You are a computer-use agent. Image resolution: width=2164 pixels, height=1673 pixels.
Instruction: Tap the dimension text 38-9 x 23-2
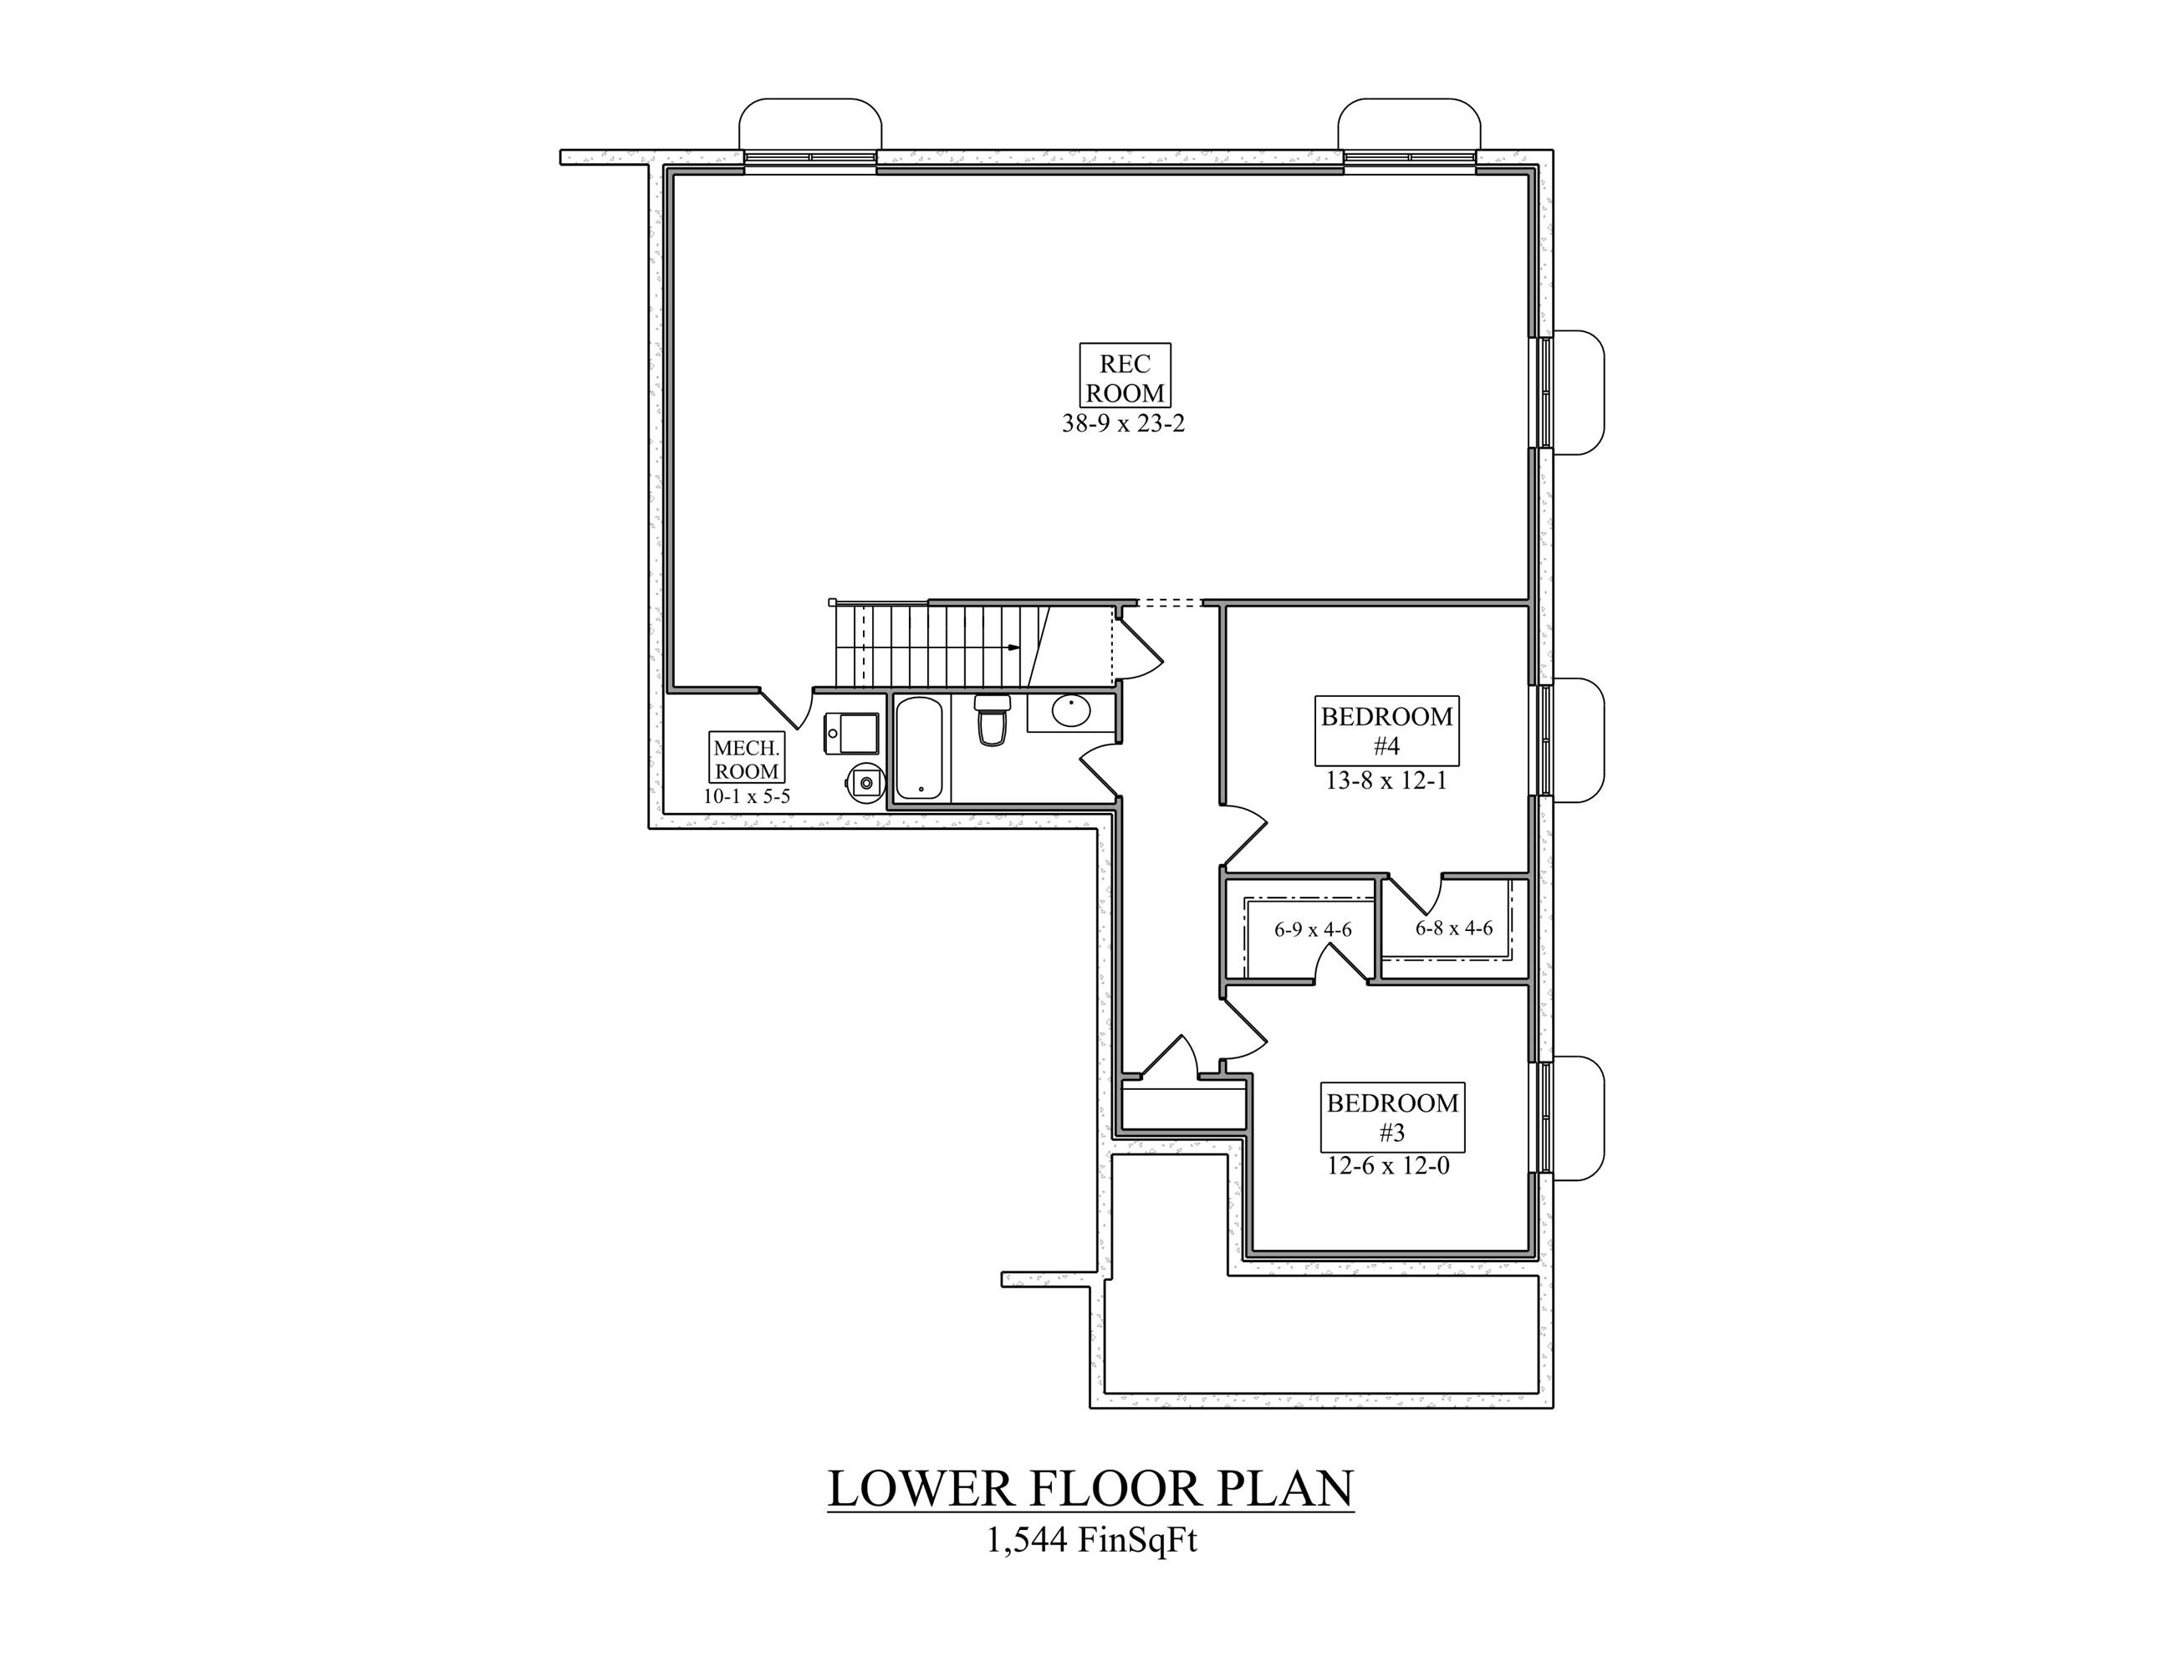[x=1124, y=424]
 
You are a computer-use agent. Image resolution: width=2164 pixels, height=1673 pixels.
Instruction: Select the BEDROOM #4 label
[x=1386, y=729]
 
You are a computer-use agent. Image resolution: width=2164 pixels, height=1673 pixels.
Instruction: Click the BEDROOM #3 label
[x=1392, y=1116]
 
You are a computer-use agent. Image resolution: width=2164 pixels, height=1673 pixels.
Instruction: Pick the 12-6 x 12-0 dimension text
[x=1388, y=1167]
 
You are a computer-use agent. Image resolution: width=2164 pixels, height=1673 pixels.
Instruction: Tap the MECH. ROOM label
[x=747, y=758]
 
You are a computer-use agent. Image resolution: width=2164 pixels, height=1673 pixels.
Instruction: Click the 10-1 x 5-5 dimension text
[x=747, y=796]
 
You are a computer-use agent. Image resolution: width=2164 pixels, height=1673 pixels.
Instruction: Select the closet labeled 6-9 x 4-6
[x=1313, y=931]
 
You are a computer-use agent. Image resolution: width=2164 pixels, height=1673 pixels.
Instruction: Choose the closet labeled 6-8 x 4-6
[x=1453, y=929]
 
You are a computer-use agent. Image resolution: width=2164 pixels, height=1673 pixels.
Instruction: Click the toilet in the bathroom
[x=991, y=720]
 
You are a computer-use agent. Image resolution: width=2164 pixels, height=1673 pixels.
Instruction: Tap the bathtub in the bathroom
[x=921, y=749]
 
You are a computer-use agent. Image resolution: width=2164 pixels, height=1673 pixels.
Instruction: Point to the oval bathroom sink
[x=1070, y=711]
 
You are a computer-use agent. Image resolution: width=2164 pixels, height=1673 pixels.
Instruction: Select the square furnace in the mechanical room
[x=851, y=734]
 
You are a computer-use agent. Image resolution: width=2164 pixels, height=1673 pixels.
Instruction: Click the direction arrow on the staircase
[x=1013, y=647]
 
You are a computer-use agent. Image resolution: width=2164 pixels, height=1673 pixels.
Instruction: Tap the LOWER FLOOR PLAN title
[x=1090, y=1490]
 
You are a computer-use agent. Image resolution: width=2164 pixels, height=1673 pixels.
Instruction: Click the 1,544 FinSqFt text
[x=1091, y=1541]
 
